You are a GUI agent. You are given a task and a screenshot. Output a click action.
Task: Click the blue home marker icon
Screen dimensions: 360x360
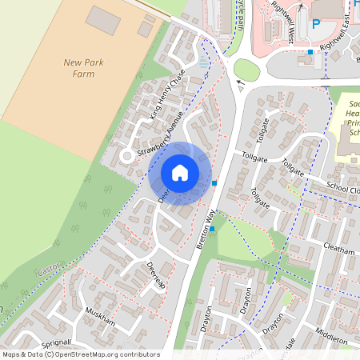pos(180,173)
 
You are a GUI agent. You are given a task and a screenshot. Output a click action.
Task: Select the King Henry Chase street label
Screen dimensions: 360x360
pos(167,95)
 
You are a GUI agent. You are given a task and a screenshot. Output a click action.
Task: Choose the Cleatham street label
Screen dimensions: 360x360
pos(340,250)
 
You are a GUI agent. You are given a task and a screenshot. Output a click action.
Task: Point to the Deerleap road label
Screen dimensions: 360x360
pos(155,275)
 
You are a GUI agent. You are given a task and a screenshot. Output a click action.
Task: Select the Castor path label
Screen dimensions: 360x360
pos(49,272)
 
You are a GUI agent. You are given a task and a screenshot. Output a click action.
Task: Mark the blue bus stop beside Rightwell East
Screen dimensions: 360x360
pos(310,52)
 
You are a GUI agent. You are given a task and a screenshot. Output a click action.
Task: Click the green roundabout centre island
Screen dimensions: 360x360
pos(247,70)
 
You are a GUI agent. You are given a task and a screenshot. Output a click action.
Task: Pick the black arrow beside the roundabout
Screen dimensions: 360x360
pos(238,82)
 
